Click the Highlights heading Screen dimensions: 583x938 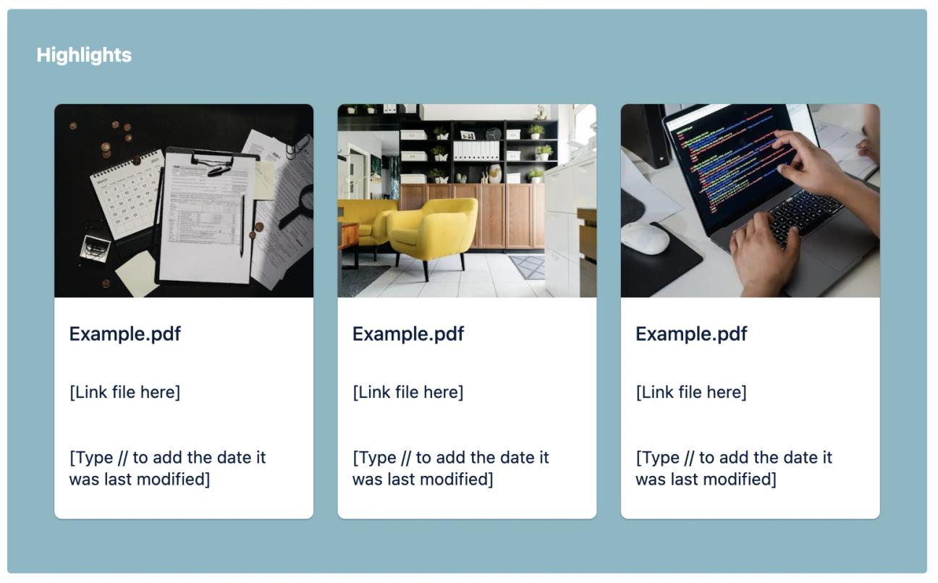pyautogui.click(x=84, y=55)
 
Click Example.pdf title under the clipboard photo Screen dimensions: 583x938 pyautogui.click(x=124, y=334)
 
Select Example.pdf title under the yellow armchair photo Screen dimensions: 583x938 pyautogui.click(x=407, y=334)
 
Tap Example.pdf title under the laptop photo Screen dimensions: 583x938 pyautogui.click(x=690, y=334)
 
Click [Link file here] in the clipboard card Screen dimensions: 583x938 pyautogui.click(x=124, y=392)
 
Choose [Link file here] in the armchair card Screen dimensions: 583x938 pyautogui.click(x=407, y=392)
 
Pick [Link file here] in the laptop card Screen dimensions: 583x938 pyautogui.click(x=690, y=392)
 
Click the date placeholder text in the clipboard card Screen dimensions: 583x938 pyautogui.click(x=167, y=468)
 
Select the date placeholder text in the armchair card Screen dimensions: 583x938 pyautogui.click(x=450, y=468)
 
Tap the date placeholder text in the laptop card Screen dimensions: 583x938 pyautogui.click(x=733, y=468)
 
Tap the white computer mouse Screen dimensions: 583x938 pyautogui.click(x=645, y=237)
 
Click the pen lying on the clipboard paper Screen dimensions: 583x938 pyautogui.click(x=242, y=225)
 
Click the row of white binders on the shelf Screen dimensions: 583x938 pyautogui.click(x=476, y=150)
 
